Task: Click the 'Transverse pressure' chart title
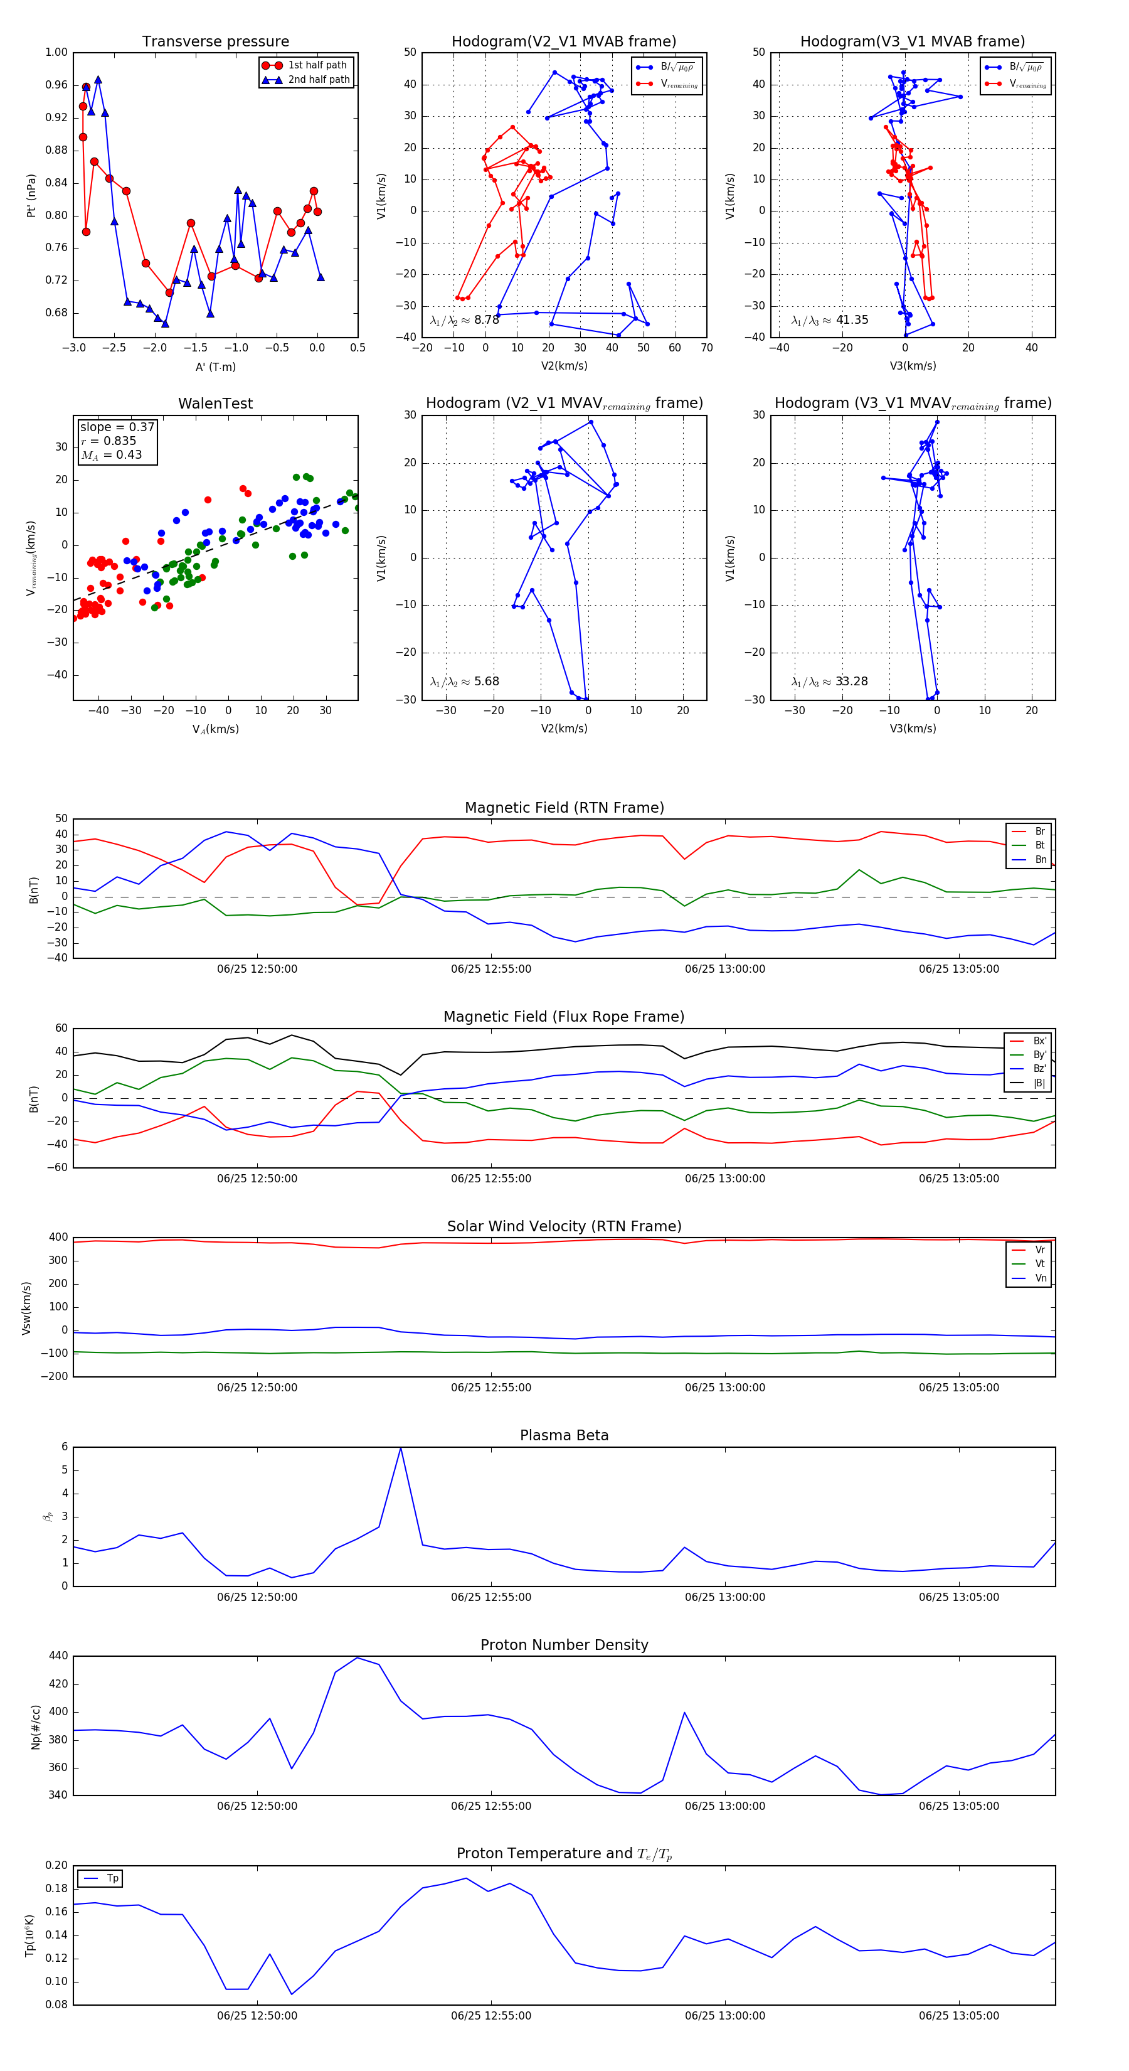pyautogui.click(x=215, y=42)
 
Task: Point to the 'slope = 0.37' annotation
pyautogui.click(x=117, y=427)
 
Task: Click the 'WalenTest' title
pyautogui.click(x=215, y=404)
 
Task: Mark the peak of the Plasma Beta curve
pyautogui.click(x=400, y=1448)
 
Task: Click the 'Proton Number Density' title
pyautogui.click(x=564, y=1645)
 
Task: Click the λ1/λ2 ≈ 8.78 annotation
pyautogui.click(x=464, y=320)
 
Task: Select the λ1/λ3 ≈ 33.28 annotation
pyautogui.click(x=829, y=682)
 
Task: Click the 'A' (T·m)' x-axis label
pyautogui.click(x=215, y=367)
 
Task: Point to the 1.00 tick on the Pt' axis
pyautogui.click(x=56, y=52)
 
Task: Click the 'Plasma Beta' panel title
pyautogui.click(x=564, y=1435)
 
